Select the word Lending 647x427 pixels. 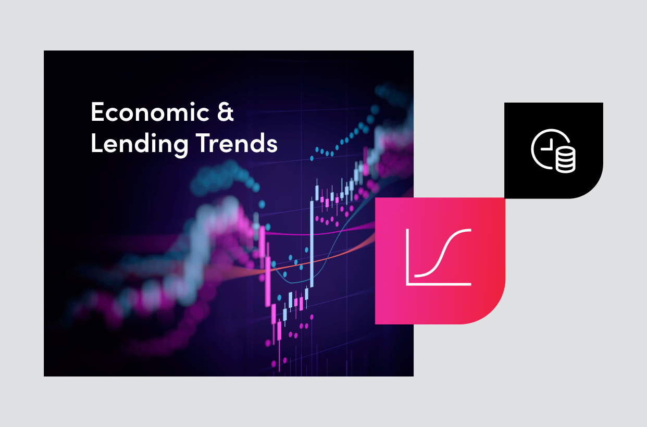[x=139, y=144]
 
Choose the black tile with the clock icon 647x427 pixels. [x=553, y=150]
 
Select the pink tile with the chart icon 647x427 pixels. [x=440, y=260]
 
